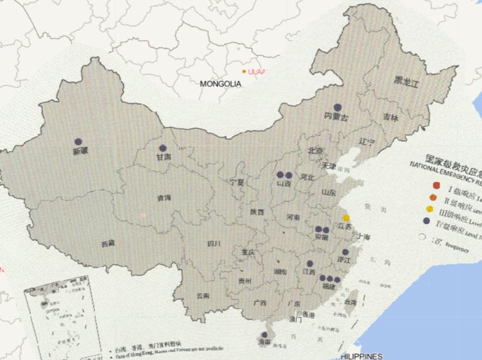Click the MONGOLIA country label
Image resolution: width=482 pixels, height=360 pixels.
[220, 83]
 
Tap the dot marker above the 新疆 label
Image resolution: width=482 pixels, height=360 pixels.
[78, 142]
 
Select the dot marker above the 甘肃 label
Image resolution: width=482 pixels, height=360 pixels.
[163, 149]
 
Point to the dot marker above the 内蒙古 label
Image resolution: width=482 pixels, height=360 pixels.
[338, 107]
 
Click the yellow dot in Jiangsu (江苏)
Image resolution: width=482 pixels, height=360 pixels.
[346, 218]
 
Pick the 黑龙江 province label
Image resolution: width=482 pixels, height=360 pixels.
[406, 81]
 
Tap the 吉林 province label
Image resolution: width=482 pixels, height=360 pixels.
[390, 117]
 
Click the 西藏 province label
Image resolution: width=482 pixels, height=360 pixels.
[107, 244]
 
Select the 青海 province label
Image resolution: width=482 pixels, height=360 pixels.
[164, 198]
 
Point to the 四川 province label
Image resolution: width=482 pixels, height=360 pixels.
[214, 244]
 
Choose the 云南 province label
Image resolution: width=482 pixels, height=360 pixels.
[202, 295]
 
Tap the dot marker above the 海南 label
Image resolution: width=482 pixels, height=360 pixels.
[264, 335]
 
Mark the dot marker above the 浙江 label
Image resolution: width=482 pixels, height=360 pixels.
[345, 251]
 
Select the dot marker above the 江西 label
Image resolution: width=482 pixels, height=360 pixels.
[309, 264]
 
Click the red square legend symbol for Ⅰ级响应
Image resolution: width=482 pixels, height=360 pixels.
[436, 185]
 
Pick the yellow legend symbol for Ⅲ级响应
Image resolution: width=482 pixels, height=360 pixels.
[430, 209]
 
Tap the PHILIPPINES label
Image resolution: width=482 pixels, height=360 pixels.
[362, 356]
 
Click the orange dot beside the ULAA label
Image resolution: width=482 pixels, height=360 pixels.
[244, 71]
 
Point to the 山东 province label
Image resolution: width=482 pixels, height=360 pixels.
[328, 193]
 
